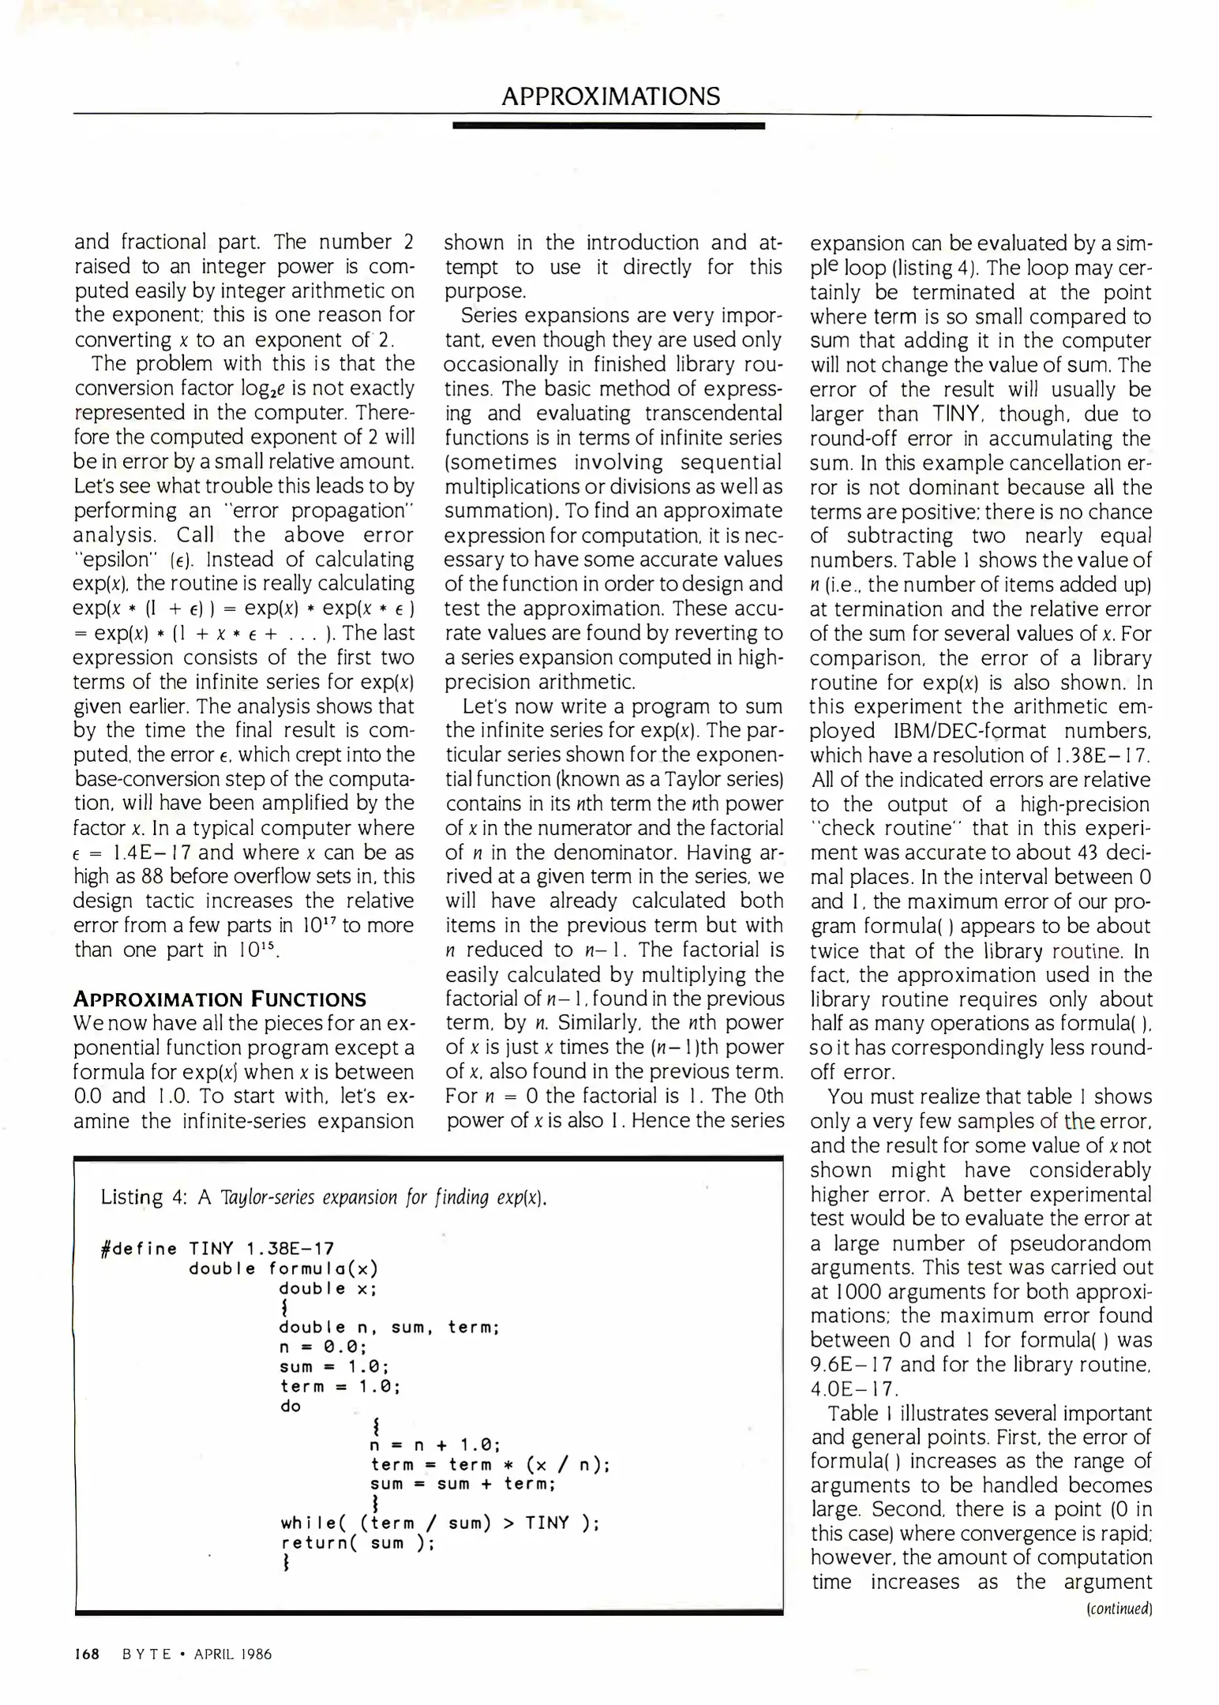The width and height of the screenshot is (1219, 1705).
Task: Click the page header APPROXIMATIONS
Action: click(610, 96)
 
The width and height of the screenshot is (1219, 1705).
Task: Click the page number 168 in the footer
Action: click(86, 1654)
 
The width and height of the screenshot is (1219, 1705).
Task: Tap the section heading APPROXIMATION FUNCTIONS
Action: click(219, 999)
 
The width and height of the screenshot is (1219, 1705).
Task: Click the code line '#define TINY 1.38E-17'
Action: click(218, 1249)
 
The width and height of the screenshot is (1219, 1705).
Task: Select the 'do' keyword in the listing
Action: click(291, 1406)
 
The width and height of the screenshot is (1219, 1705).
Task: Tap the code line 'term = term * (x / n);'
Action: click(489, 1464)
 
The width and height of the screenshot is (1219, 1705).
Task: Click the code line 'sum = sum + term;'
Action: click(463, 1484)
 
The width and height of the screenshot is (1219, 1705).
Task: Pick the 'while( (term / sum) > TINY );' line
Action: click(440, 1523)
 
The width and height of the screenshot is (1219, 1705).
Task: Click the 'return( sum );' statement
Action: click(358, 1542)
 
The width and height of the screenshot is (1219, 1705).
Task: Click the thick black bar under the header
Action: click(609, 126)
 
